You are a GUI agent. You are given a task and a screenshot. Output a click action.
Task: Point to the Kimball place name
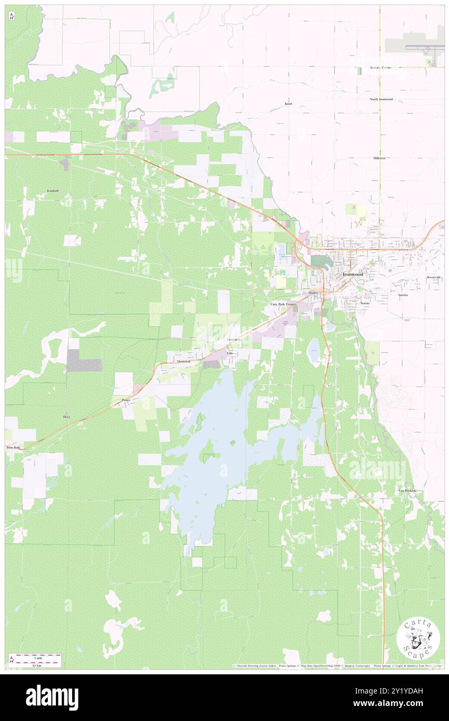[x=53, y=191]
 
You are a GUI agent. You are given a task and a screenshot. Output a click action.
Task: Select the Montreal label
[x=184, y=361]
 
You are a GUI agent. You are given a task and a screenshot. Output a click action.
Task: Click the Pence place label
[x=126, y=400]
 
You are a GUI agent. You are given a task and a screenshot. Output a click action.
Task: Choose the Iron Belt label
[x=13, y=447]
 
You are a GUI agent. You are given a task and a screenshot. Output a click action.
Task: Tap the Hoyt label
[x=66, y=417]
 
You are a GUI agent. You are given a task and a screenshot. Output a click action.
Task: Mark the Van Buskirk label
[x=407, y=491]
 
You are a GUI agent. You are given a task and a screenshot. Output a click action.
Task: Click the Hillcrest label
[x=381, y=157]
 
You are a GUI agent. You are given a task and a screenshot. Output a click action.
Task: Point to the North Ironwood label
[x=381, y=99]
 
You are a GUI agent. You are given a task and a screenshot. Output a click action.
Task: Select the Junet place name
[x=288, y=104]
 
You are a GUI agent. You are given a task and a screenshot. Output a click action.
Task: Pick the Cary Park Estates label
[x=283, y=304]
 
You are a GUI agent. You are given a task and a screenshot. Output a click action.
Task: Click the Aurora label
[x=403, y=295]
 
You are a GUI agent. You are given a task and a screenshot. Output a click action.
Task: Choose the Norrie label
[x=365, y=303]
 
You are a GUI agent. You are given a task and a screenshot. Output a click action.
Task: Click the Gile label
[x=230, y=353]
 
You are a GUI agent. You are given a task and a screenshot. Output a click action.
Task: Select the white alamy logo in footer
[x=52, y=697]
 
